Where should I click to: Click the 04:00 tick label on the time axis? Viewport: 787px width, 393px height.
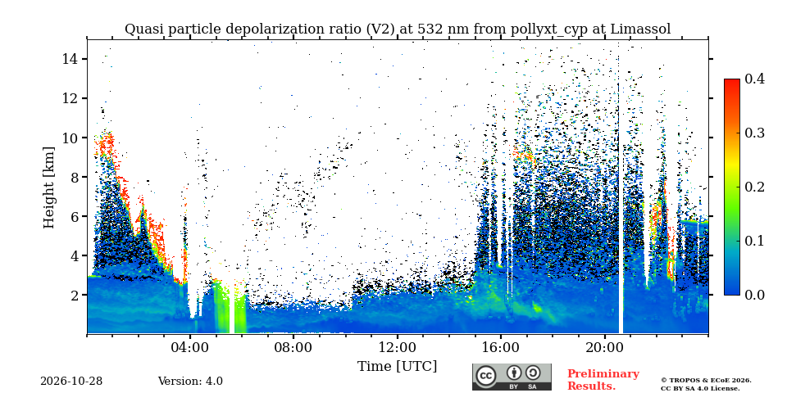tap(190, 347)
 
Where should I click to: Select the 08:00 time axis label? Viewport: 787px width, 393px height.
tap(293, 347)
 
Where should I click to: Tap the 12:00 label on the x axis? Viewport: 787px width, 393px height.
tap(397, 347)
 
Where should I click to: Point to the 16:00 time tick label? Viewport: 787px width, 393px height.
tap(501, 347)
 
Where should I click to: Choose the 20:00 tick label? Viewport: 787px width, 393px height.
tap(604, 347)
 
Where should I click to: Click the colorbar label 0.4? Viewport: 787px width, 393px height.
tap(754, 79)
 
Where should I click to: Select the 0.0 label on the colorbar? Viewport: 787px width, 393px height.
tap(754, 295)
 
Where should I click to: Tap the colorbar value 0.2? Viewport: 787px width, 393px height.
tap(754, 187)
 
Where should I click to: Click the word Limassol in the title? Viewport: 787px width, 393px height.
tap(640, 29)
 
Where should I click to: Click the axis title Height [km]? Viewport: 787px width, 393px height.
tap(48, 187)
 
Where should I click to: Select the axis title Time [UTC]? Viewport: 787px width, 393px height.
tap(397, 367)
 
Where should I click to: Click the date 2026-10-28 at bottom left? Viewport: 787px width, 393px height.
tap(71, 382)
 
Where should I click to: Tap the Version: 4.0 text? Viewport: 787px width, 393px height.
tap(190, 382)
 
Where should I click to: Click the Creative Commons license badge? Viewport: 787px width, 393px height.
tap(512, 377)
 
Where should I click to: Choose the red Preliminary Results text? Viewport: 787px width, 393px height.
tap(603, 380)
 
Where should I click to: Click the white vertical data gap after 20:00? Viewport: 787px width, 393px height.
tap(621, 201)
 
